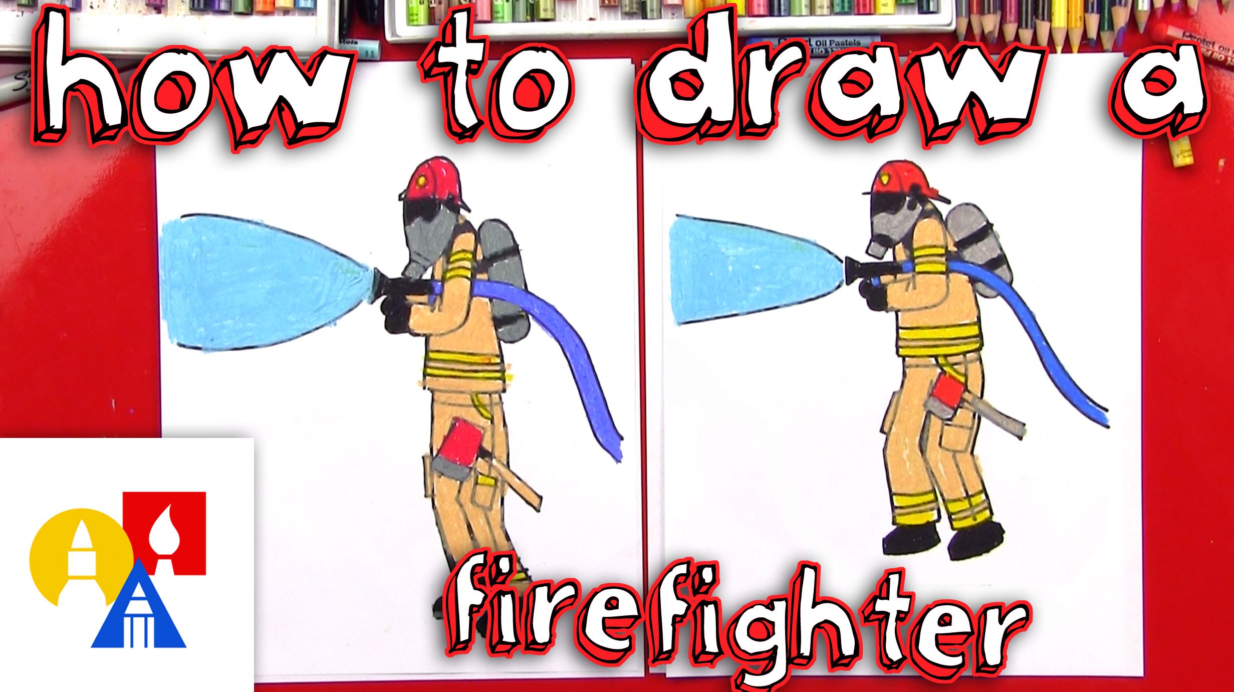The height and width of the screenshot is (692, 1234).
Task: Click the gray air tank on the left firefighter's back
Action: click(x=504, y=281)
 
